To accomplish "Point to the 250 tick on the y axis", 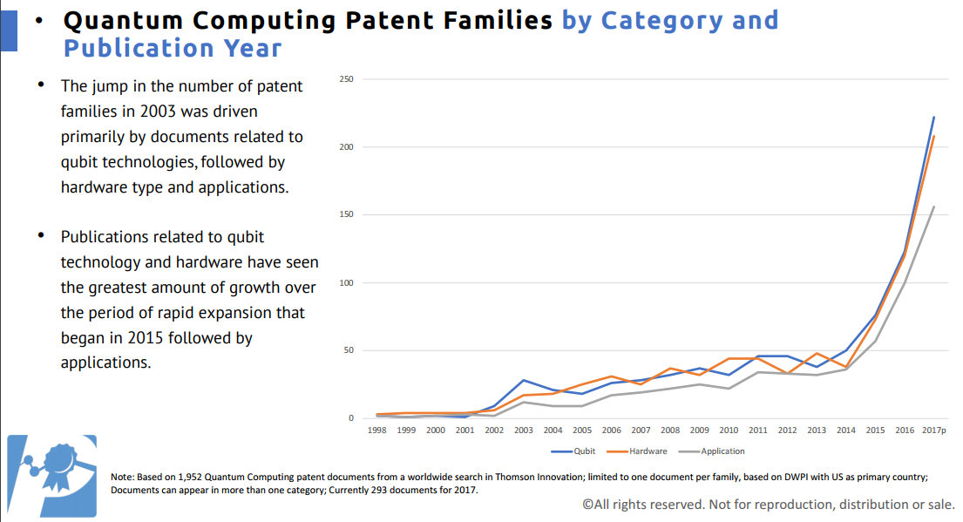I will coord(346,79).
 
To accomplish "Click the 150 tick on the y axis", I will coord(346,215).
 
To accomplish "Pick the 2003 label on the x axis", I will coord(524,430).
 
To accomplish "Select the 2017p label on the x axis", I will coord(933,430).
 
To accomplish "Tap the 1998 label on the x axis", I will coord(376,430).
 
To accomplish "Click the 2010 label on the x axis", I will coord(729,430).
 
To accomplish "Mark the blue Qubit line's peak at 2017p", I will coord(934,117).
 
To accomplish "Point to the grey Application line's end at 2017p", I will coord(934,207).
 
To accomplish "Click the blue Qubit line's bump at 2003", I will coord(524,380).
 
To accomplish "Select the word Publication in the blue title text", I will coord(135,48).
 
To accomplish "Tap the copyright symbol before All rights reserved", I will coord(587,504).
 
